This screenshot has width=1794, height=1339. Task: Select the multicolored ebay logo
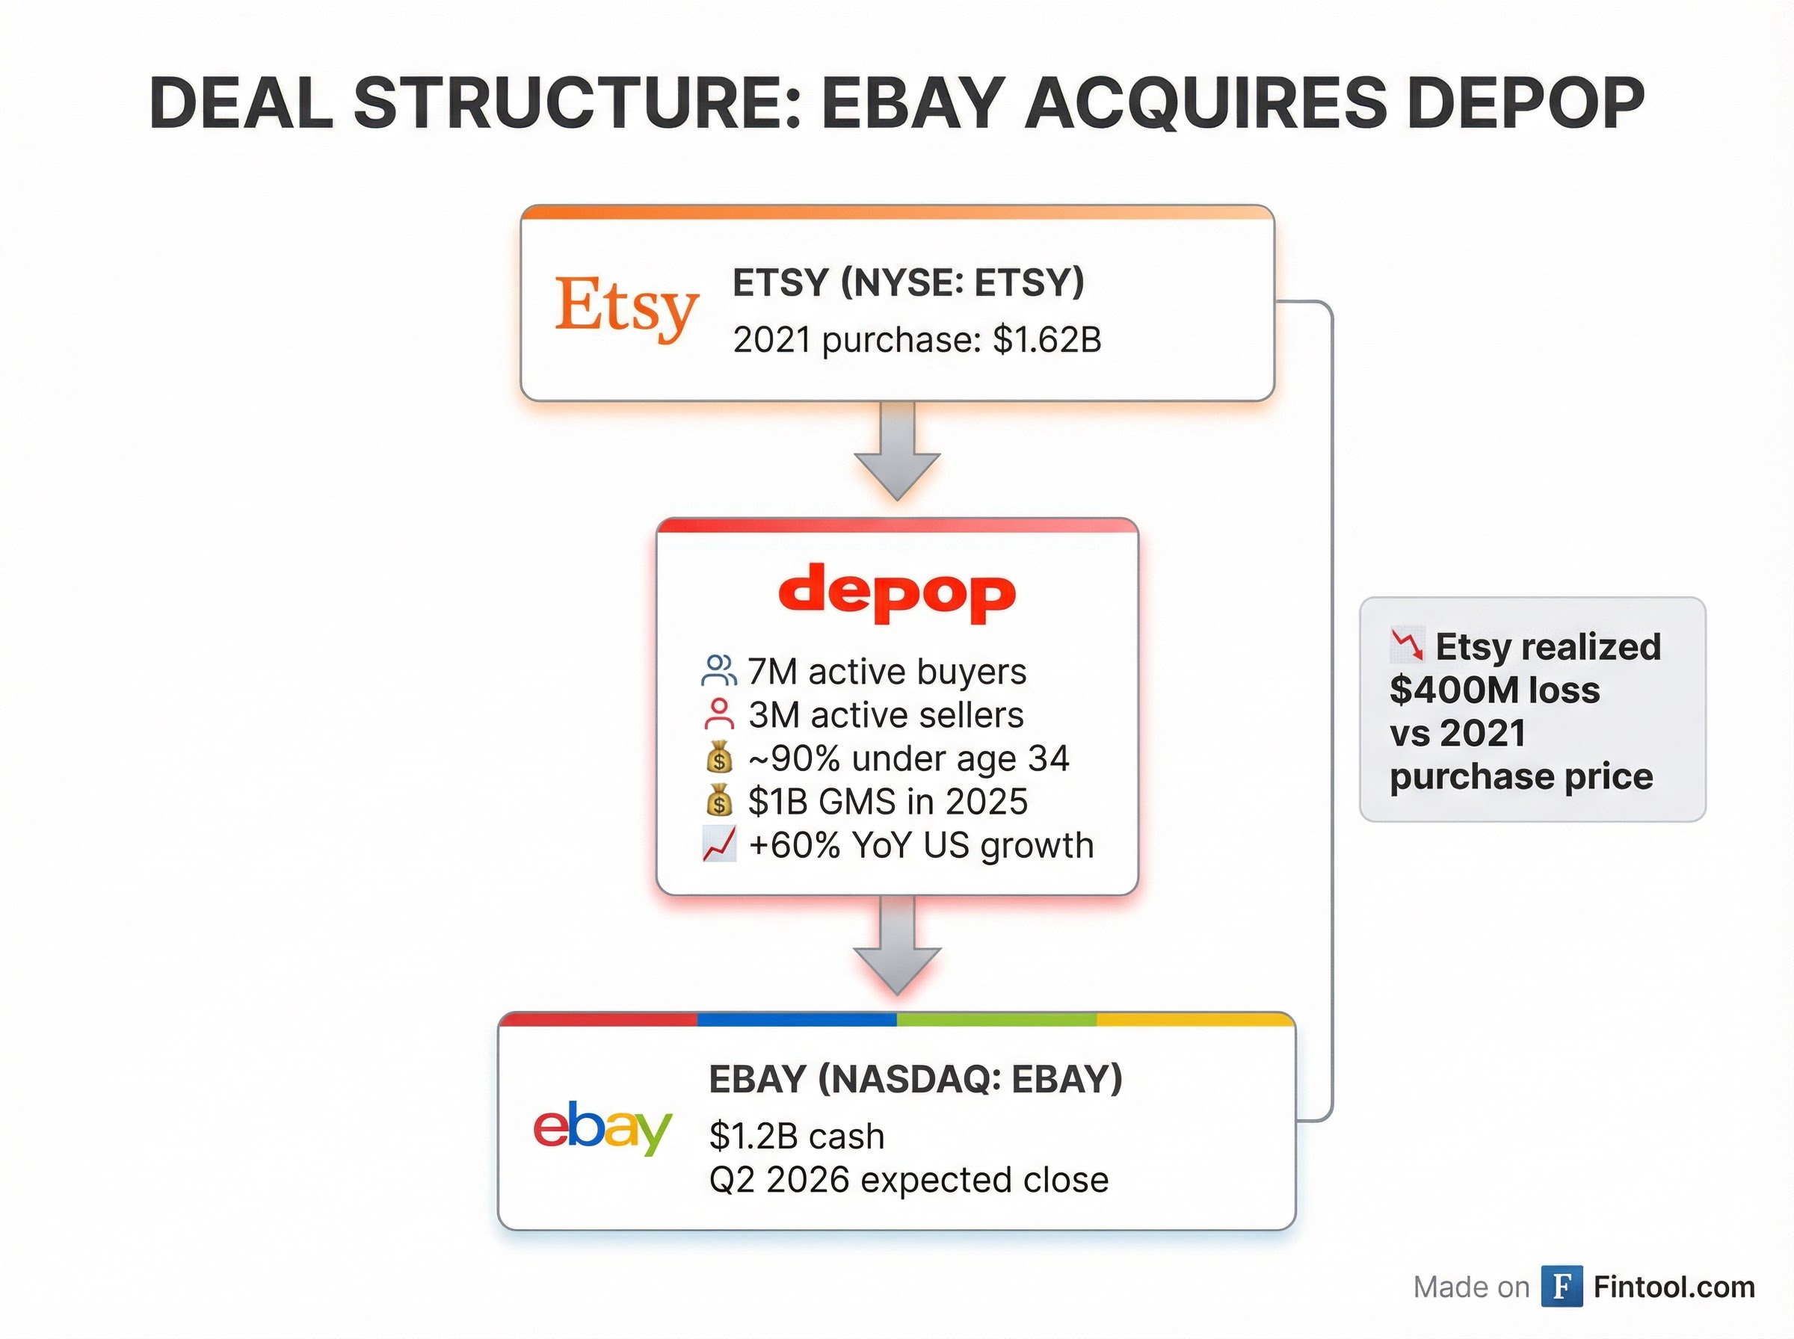pos(602,1128)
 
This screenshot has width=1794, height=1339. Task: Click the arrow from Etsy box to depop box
pos(898,451)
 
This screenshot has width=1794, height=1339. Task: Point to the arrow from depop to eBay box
pos(898,946)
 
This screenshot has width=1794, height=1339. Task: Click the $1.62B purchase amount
pos(1046,340)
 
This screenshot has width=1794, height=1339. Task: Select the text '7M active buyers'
pos(887,672)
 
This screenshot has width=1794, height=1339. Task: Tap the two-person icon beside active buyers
pos(719,671)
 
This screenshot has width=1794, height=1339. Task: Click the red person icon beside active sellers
pos(719,715)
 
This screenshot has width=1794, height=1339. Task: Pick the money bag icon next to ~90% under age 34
pos(719,758)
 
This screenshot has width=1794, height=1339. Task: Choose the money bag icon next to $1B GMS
pos(719,802)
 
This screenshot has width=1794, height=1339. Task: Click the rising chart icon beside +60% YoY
pos(719,844)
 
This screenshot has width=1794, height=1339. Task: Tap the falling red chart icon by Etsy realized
pos(1408,645)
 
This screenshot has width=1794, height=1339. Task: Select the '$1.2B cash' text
pos(797,1137)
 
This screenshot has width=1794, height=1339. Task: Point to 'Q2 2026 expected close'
pos(909,1180)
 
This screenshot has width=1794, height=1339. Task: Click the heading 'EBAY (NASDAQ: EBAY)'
pos(915,1080)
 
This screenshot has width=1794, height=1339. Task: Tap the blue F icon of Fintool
pos(1562,1286)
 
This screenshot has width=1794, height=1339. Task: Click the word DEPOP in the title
pos(1526,104)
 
